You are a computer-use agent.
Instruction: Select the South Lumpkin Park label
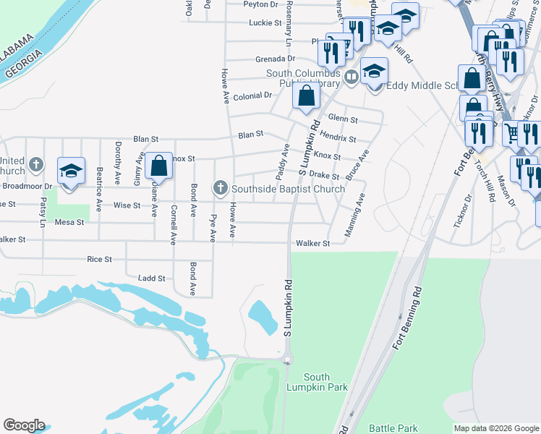click(x=317, y=383)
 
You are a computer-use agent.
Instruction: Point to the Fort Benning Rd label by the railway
click(x=407, y=318)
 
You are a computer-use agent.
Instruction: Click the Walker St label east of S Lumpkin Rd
click(x=312, y=244)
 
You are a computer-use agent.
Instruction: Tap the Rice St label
click(x=99, y=259)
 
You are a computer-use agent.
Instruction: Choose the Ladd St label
click(x=151, y=278)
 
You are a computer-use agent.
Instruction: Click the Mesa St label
click(x=69, y=222)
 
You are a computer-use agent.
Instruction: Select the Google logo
click(x=24, y=425)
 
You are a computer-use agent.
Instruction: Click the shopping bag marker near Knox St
click(x=158, y=166)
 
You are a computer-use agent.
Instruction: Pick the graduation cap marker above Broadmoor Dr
click(x=71, y=171)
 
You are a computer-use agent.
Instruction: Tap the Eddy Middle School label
click(x=423, y=85)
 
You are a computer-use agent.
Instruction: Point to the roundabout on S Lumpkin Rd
click(x=287, y=359)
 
